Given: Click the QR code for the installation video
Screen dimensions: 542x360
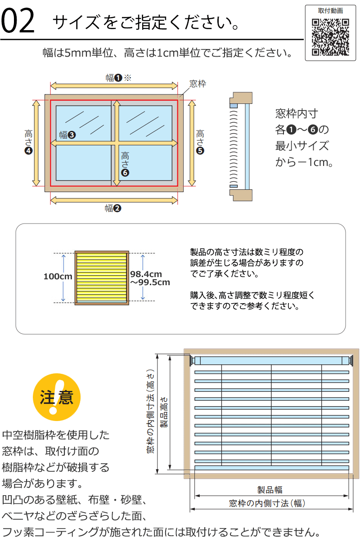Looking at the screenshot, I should point(330,37).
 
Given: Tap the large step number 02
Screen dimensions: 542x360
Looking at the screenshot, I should point(18,22).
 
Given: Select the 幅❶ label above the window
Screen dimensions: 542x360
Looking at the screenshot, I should point(114,77).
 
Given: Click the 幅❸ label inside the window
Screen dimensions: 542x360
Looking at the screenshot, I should point(67,134).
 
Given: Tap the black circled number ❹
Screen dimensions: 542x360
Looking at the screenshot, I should point(29,151).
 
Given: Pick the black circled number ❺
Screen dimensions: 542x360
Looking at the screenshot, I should point(200,151).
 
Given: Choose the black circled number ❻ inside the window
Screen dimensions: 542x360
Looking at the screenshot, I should point(125,172).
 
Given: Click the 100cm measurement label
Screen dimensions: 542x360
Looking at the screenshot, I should point(58,277).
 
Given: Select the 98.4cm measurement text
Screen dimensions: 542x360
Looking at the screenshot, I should point(146,274).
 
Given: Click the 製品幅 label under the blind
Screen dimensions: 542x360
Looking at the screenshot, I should point(270,490).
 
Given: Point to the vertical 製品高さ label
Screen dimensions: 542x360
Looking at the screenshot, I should point(164,412).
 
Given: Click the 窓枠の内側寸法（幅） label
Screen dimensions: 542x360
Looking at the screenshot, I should point(270,503).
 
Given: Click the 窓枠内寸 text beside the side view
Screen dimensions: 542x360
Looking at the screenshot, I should point(297,113).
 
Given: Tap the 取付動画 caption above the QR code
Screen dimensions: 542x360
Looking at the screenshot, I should point(330,10).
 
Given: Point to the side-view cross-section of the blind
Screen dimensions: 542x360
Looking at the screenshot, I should point(240,146).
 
